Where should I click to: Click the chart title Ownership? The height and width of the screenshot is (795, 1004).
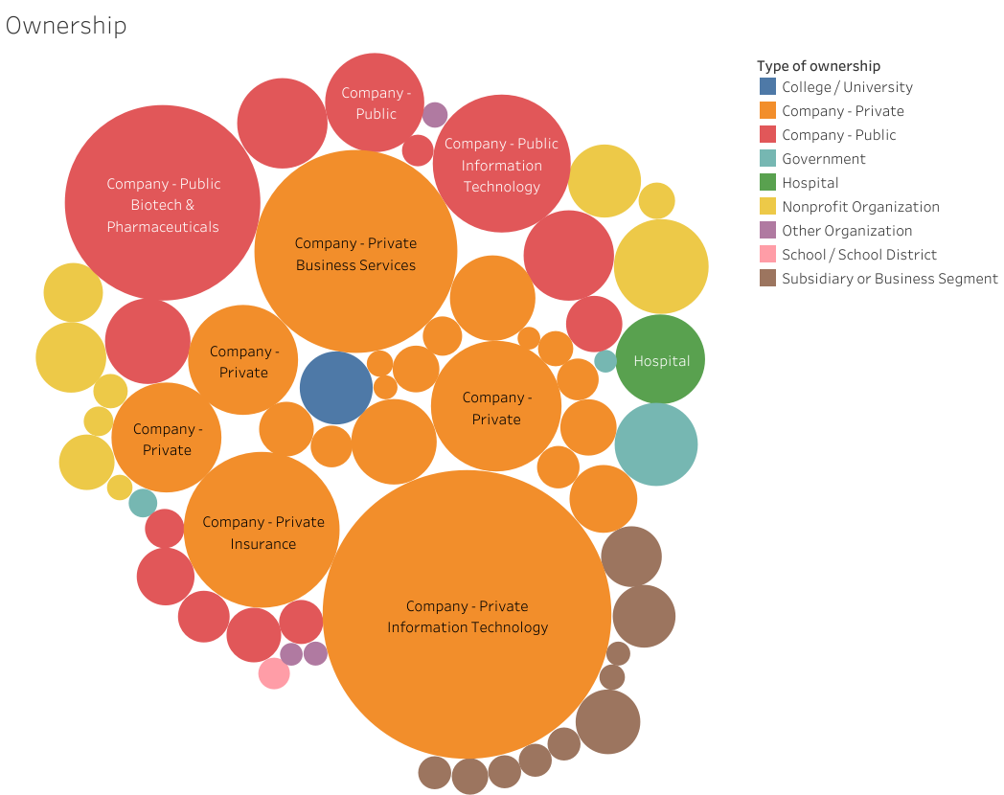[x=66, y=25]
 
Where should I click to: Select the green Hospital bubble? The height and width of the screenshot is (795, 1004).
[x=660, y=360]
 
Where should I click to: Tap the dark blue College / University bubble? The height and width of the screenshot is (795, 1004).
[x=335, y=388]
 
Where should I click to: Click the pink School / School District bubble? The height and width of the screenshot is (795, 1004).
[x=274, y=673]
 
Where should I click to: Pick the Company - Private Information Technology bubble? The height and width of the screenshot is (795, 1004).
[x=468, y=615]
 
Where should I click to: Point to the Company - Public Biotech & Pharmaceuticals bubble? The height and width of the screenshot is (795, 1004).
[x=163, y=203]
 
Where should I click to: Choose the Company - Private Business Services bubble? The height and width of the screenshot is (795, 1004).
[x=355, y=252]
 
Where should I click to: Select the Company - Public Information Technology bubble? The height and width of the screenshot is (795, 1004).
[x=501, y=164]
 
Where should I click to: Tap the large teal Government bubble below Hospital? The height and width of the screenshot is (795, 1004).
[x=656, y=444]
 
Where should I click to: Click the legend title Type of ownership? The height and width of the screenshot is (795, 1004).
[x=818, y=66]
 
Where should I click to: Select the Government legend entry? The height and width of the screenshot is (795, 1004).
[x=823, y=159]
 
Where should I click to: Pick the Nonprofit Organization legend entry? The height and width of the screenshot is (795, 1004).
[x=860, y=207]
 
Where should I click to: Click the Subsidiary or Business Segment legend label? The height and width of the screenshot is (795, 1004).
[x=889, y=279]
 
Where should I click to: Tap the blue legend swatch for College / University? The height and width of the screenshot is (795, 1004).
[x=767, y=87]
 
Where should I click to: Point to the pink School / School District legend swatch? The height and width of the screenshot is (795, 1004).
[x=767, y=255]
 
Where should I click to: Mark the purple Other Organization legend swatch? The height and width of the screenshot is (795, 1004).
[x=767, y=231]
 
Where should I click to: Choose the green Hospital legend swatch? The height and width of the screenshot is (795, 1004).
[x=767, y=183]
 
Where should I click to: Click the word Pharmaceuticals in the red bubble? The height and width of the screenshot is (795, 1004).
[x=163, y=227]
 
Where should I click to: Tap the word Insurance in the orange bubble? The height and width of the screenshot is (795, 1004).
[x=262, y=544]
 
